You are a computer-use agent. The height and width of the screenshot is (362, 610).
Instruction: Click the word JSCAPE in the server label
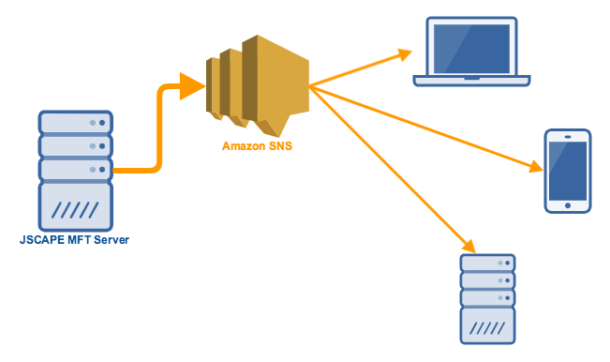[42, 240]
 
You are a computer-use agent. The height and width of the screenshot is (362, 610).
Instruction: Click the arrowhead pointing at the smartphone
[535, 168]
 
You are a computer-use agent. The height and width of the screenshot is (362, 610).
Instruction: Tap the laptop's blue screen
[469, 46]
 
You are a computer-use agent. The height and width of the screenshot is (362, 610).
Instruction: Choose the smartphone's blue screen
[568, 172]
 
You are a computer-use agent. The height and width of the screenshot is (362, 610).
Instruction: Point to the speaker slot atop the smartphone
[568, 137]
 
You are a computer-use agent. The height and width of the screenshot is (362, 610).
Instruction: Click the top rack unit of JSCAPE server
[76, 123]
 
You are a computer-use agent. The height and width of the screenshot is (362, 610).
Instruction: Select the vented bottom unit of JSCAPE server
[76, 205]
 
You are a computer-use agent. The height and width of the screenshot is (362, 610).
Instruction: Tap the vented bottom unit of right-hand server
[487, 327]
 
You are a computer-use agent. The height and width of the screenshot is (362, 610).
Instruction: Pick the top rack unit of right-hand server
[487, 264]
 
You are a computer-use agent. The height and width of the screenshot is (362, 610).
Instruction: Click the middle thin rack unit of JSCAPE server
[76, 146]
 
